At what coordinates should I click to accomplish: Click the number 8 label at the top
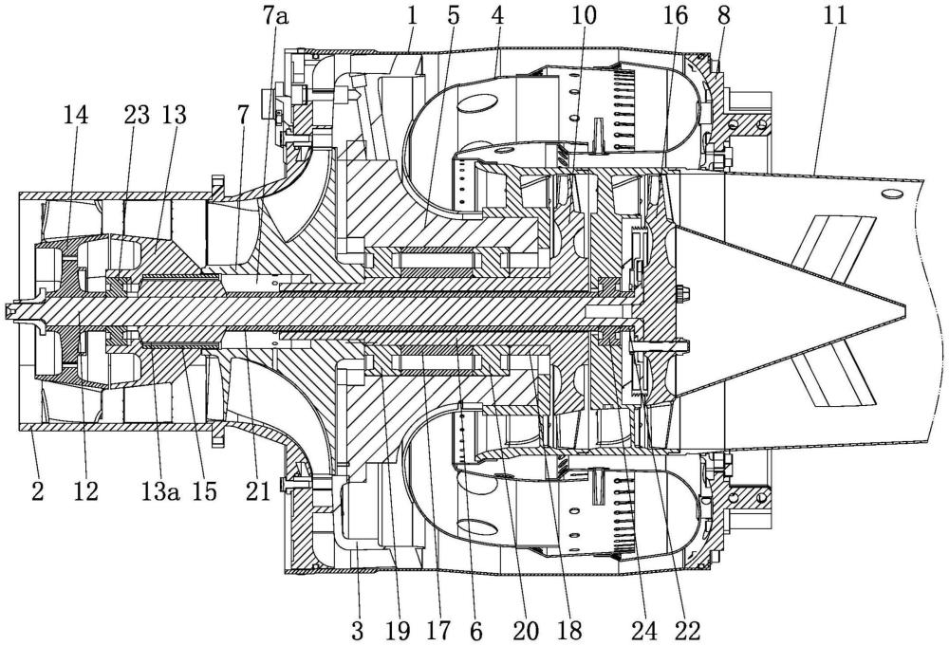click(x=724, y=17)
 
